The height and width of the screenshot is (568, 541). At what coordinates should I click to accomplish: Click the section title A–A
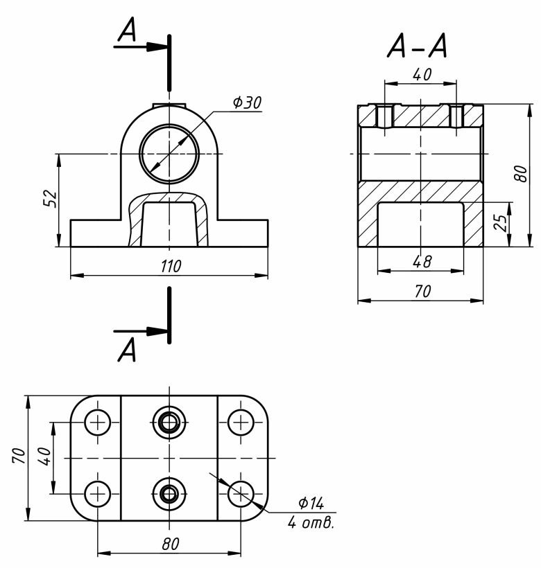(417, 46)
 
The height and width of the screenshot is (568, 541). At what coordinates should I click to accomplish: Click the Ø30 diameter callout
(246, 103)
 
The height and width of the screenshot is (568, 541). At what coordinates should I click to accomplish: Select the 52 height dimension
(51, 198)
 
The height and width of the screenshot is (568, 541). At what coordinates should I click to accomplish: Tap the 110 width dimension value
(171, 266)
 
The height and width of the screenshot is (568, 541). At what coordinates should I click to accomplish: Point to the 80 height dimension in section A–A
(520, 174)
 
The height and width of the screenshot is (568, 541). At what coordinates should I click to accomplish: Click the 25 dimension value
(500, 223)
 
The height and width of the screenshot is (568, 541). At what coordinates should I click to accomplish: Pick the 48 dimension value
(422, 262)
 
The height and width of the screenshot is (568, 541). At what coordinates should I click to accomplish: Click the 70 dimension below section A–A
(422, 291)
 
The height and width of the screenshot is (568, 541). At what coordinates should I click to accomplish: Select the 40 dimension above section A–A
(422, 75)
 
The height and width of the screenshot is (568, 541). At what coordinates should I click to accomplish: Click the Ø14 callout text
(311, 503)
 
